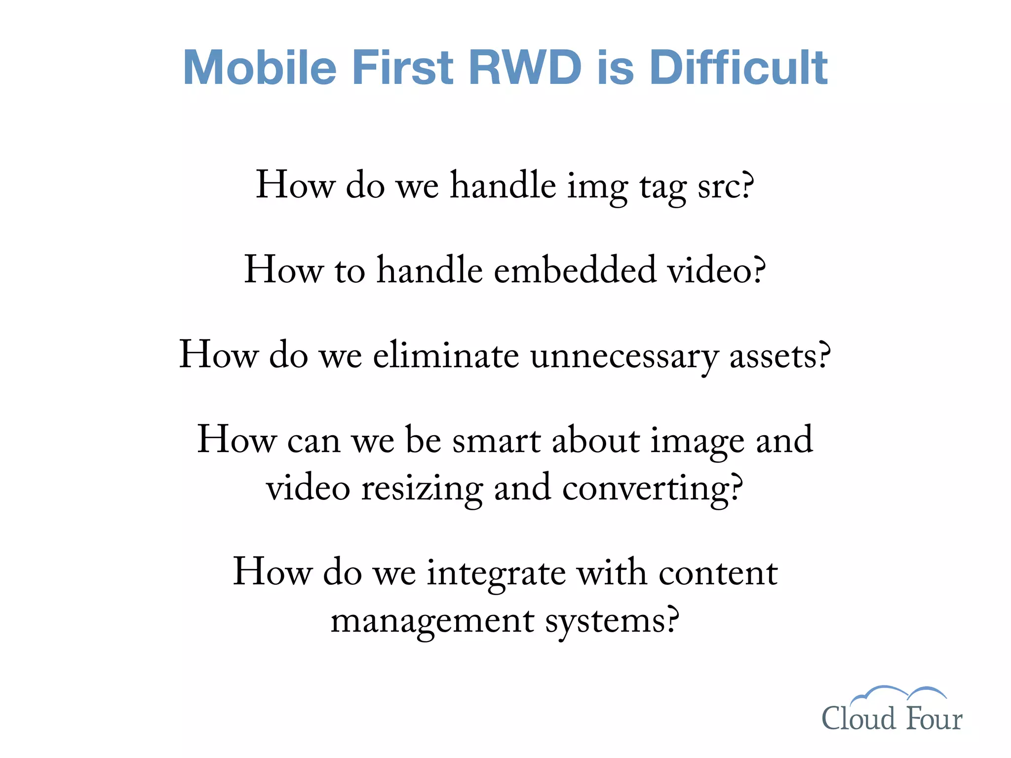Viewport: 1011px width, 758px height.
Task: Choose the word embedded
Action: coord(575,270)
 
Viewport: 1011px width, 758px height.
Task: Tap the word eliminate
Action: coord(446,355)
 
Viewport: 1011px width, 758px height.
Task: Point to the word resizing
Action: coord(422,489)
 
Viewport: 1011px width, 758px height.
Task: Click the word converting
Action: coord(652,489)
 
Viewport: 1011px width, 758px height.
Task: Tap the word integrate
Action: coord(496,573)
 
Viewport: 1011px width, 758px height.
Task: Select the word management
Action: coord(432,621)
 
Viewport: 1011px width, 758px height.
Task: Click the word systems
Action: coord(612,621)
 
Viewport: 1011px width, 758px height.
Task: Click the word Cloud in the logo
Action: coord(858,719)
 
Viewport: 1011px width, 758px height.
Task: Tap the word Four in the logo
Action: coord(934,719)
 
